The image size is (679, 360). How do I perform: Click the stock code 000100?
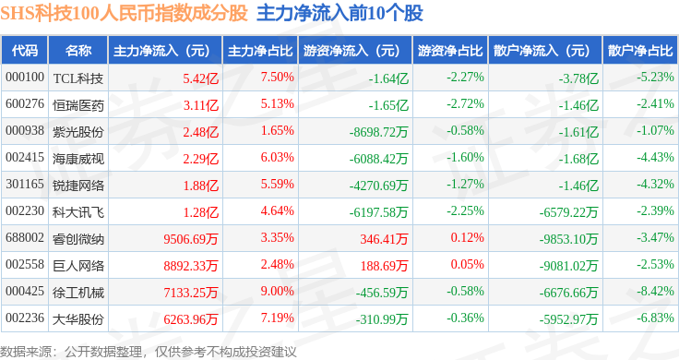pos(25,78)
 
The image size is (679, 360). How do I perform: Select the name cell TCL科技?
pos(77,78)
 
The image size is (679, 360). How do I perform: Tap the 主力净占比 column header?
pos(260,51)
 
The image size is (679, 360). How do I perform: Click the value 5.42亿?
pos(200,78)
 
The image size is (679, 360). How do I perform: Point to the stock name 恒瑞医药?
pos(77,105)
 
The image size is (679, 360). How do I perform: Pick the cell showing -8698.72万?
pos(378,132)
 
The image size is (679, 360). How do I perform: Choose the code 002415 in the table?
pos(25,157)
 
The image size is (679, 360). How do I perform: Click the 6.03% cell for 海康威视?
pos(277,157)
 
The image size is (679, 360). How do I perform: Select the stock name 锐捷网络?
pos(77,186)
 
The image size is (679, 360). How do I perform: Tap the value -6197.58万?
pos(378,212)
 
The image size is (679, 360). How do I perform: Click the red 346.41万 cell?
pos(384,239)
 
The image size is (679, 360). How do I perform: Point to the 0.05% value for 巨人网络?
pos(467,264)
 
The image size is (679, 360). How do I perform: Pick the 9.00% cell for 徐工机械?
pos(277,291)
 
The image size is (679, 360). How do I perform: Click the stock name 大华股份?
pos(77,319)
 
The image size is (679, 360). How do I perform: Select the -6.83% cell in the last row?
pos(655,318)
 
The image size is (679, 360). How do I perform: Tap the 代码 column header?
pos(25,51)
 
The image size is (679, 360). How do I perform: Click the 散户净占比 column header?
pos(640,51)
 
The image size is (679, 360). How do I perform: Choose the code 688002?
pos(25,238)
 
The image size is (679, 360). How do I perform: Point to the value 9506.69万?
pos(191,239)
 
